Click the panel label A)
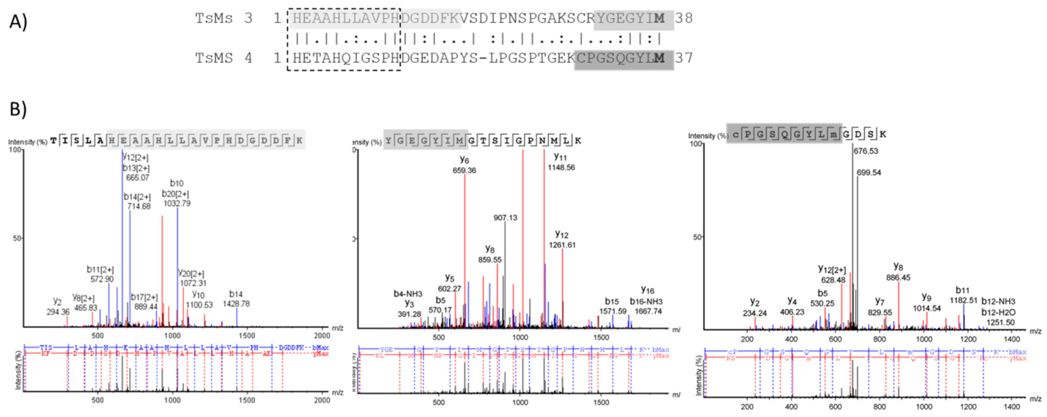(18, 21)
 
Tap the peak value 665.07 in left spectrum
(138, 178)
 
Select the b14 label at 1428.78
(236, 304)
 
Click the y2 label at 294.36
(58, 312)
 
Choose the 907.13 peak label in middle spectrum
(505, 218)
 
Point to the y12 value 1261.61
(562, 245)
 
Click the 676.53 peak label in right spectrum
(866, 151)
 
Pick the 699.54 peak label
(869, 173)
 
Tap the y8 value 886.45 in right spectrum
(898, 278)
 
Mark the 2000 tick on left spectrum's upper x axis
(322, 336)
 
